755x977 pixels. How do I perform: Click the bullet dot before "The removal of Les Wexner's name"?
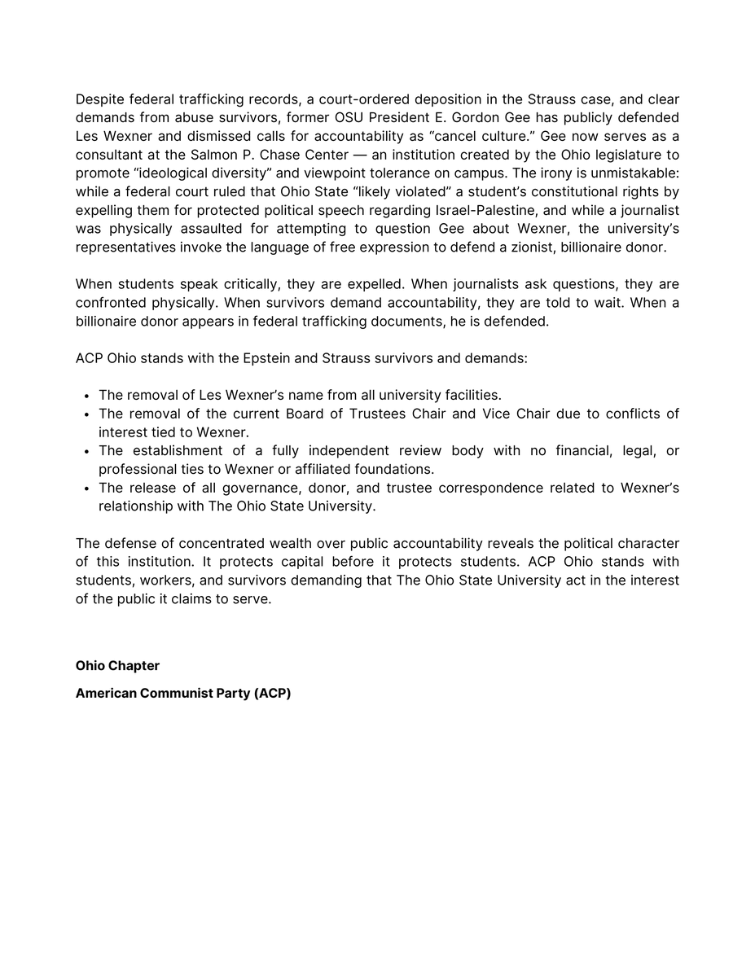click(86, 396)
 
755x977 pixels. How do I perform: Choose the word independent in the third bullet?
click(348, 451)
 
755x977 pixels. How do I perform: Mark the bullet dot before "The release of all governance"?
click(86, 488)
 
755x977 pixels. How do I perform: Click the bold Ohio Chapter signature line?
click(117, 666)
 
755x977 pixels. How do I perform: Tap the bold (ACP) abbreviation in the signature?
click(272, 694)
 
